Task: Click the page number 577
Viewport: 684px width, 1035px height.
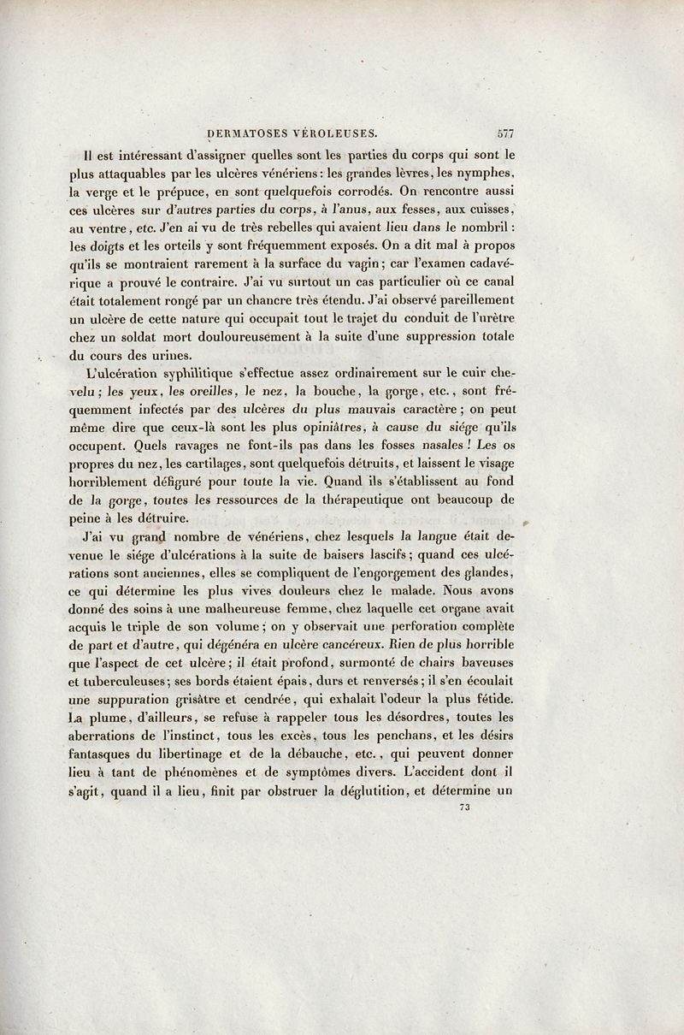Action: [504, 133]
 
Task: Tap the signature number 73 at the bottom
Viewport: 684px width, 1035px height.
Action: [465, 807]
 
